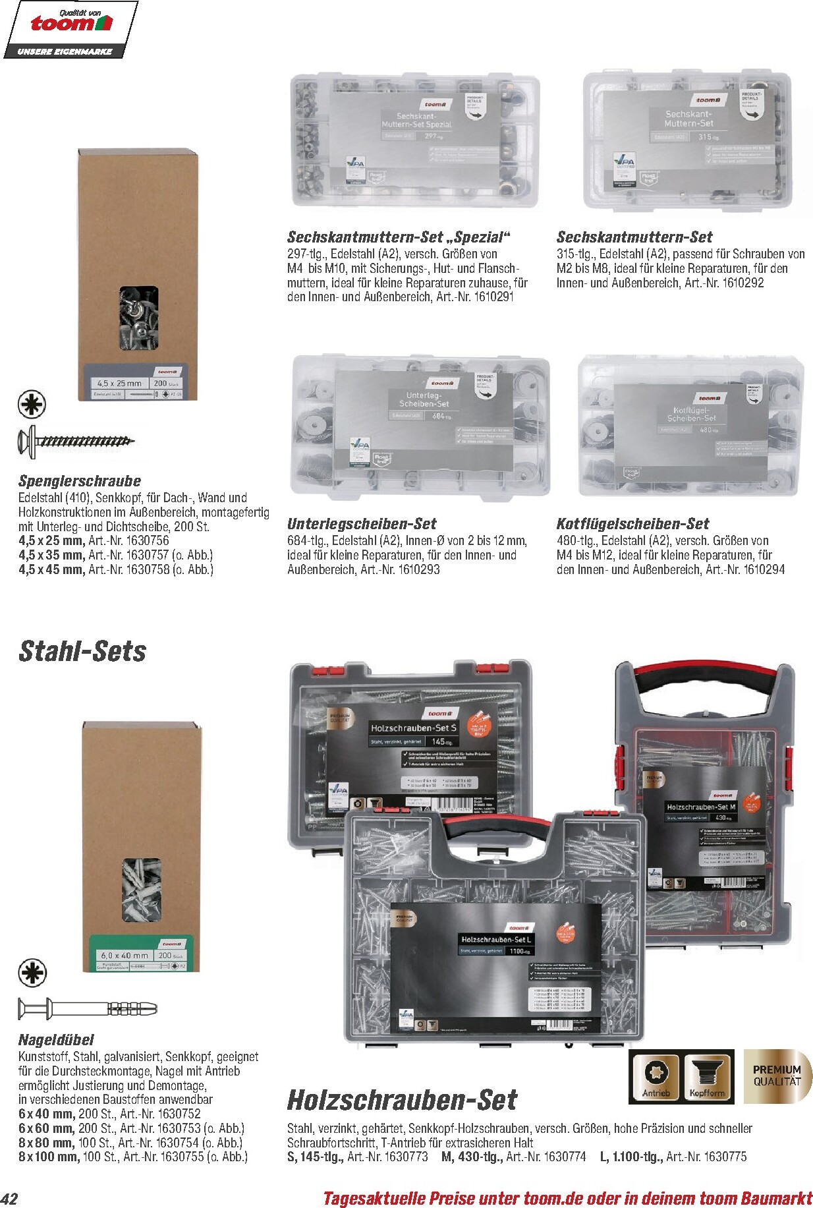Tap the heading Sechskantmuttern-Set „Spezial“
(399, 237)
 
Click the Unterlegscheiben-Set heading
(361, 524)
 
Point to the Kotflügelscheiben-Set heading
(632, 524)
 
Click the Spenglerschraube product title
(80, 480)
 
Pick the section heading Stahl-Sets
(82, 651)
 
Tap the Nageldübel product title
(56, 1039)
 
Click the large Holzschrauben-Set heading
(402, 1099)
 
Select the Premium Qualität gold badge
(777, 1076)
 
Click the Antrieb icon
(656, 1076)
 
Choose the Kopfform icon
(708, 1076)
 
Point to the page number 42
(9, 1198)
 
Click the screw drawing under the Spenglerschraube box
(76, 440)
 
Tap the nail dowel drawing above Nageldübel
(87, 1008)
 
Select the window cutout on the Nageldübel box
(142, 889)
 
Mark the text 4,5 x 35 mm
(51, 555)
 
